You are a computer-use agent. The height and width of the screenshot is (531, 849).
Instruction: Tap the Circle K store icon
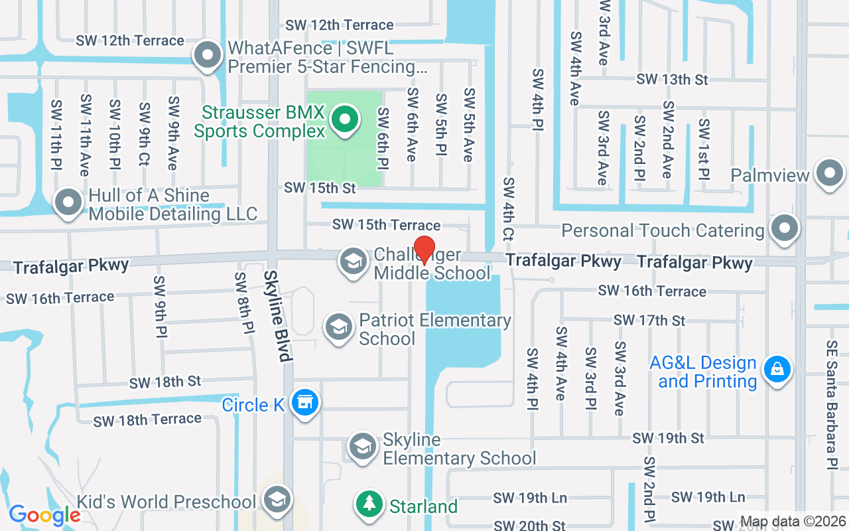[304, 402]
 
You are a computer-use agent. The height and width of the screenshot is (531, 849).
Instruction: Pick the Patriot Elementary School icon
[339, 327]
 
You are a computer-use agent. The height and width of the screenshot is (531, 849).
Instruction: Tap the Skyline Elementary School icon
[363, 447]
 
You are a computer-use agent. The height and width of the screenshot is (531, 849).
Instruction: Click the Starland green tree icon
[369, 504]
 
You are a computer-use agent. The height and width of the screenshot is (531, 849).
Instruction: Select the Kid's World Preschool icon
[277, 500]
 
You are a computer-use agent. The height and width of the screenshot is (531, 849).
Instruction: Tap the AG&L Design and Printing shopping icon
[777, 369]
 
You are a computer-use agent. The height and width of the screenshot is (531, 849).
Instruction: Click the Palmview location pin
[829, 173]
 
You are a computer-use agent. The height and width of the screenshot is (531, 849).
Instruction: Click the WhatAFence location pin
[208, 56]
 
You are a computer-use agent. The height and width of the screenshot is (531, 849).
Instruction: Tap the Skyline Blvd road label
[278, 316]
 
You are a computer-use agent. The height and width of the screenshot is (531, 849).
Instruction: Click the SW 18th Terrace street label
[147, 420]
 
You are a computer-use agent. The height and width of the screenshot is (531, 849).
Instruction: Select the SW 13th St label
[672, 80]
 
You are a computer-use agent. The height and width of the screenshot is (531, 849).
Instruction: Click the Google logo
[45, 514]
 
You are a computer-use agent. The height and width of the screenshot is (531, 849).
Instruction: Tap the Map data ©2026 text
[793, 522]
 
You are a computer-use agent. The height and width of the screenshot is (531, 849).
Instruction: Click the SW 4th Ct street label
[509, 208]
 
